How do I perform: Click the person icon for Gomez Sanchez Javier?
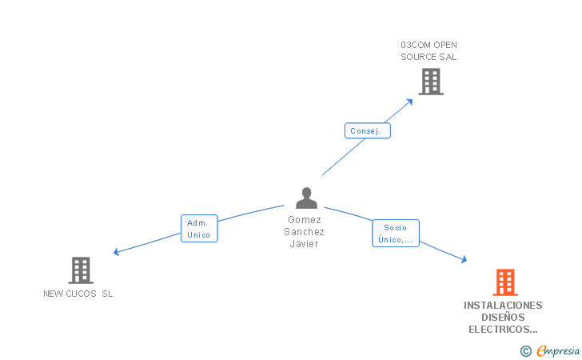[x=307, y=198]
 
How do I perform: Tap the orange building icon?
[x=505, y=282]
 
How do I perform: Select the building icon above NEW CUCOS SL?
[x=81, y=270]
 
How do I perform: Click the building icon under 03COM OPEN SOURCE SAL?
[x=431, y=82]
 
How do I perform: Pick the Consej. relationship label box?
[x=368, y=130]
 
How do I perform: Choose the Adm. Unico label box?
[x=199, y=229]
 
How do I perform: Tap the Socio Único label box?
[x=396, y=234]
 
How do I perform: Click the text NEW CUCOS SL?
[x=78, y=294]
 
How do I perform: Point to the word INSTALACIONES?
[x=503, y=306]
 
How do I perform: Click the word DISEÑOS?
[x=503, y=318]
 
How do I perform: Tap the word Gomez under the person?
[x=305, y=220]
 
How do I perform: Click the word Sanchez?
[x=304, y=232]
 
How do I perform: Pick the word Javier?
[x=304, y=244]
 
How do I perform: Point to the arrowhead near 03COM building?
[x=410, y=102]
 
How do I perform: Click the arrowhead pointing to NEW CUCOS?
[x=116, y=252]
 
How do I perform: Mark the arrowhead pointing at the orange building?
[x=464, y=259]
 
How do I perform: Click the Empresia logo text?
[x=558, y=350]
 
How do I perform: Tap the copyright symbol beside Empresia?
[x=526, y=351]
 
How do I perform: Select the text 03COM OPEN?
[x=429, y=45]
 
